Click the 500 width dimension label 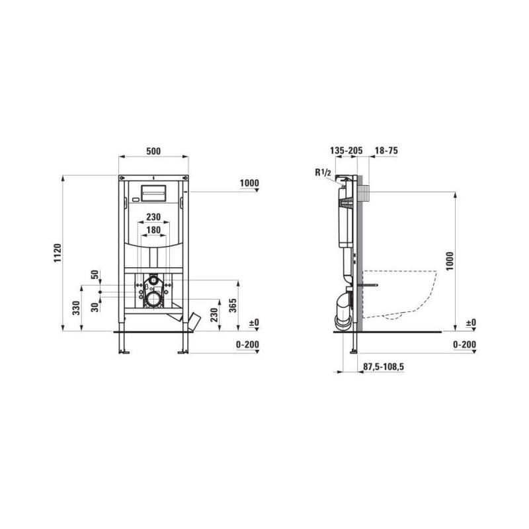pyautogui.click(x=153, y=151)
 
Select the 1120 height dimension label pyautogui.click(x=58, y=253)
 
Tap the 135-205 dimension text pyautogui.click(x=346, y=151)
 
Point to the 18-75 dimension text pyautogui.click(x=386, y=151)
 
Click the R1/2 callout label pyautogui.click(x=323, y=173)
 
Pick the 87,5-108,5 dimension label pyautogui.click(x=384, y=366)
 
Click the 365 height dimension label pyautogui.click(x=233, y=305)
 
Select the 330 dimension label pyautogui.click(x=77, y=308)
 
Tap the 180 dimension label pyautogui.click(x=153, y=229)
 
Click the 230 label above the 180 pyautogui.click(x=153, y=217)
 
